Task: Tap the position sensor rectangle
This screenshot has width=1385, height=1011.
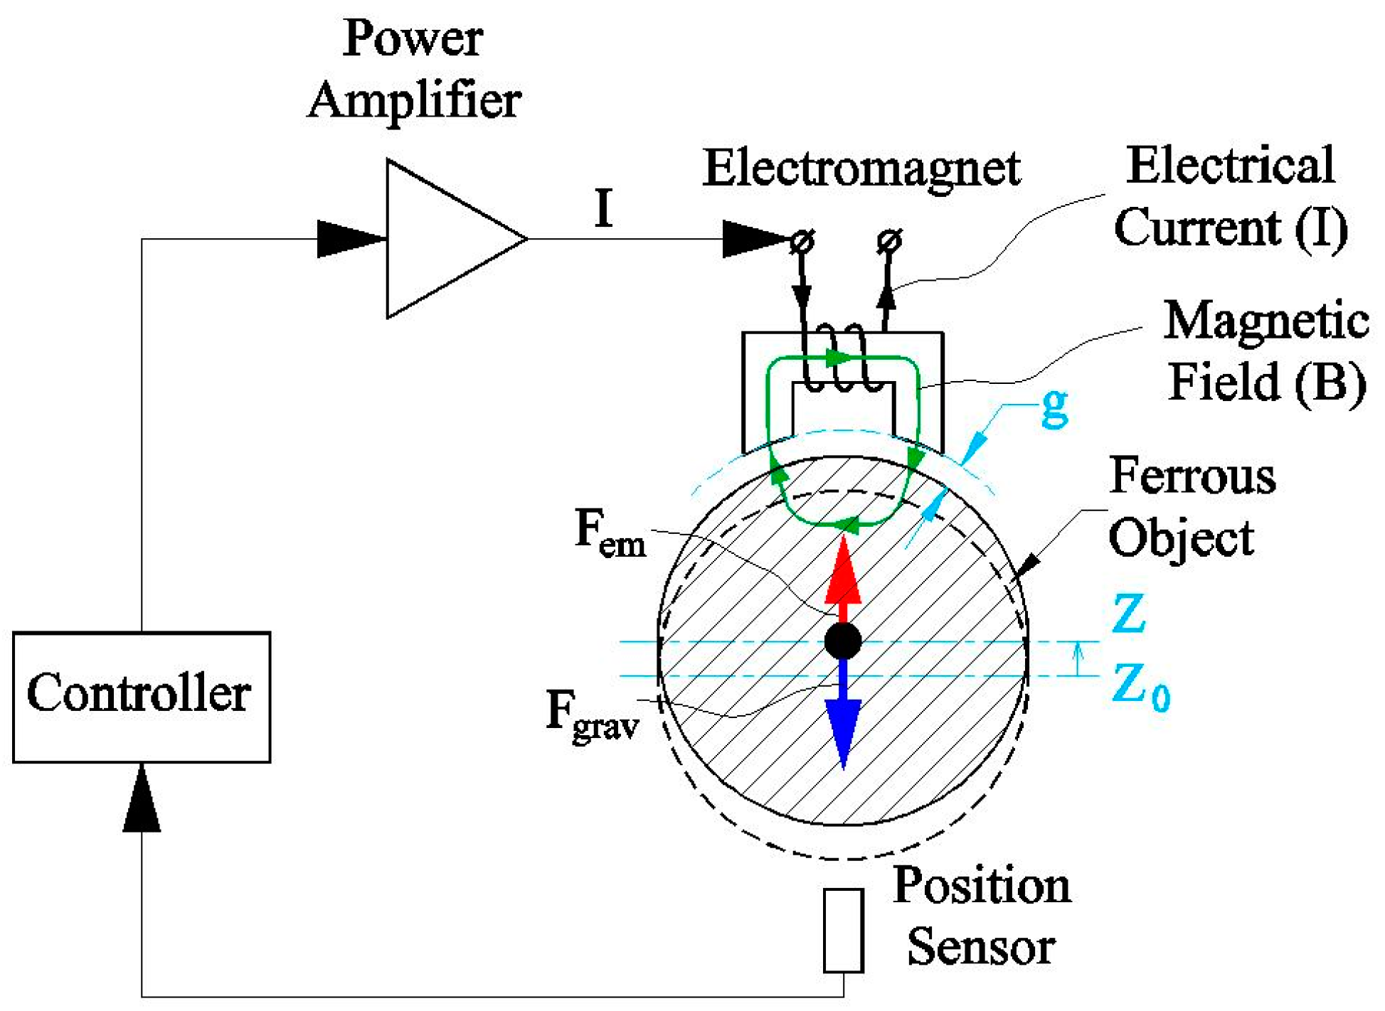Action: [x=844, y=930]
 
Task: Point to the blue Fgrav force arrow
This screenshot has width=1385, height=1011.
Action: [x=843, y=713]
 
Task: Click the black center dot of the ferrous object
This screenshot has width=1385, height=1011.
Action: [x=843, y=641]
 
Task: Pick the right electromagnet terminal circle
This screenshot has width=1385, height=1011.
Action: [x=888, y=241]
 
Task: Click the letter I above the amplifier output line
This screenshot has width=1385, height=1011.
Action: [x=603, y=208]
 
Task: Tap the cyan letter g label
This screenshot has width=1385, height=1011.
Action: [x=1054, y=409]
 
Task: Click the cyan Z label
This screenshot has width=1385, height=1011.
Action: [x=1128, y=613]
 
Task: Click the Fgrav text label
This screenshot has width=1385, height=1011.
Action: [x=593, y=716]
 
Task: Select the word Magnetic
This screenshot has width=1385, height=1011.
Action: [x=1266, y=321]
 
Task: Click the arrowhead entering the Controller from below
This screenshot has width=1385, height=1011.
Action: [x=142, y=798]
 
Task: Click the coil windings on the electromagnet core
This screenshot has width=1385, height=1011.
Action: [x=843, y=359]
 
